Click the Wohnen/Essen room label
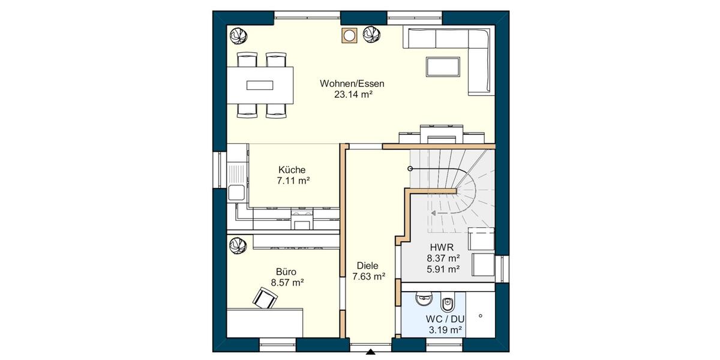(x=352, y=83)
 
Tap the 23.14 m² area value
(x=352, y=94)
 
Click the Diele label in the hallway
(x=368, y=266)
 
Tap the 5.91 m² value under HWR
(x=443, y=269)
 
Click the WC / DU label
(x=445, y=319)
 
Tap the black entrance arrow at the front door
(x=371, y=352)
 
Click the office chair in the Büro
(x=265, y=297)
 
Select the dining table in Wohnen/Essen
(x=260, y=85)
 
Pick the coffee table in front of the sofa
(x=443, y=66)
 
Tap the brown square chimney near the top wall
(x=348, y=36)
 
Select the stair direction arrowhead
(x=434, y=212)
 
